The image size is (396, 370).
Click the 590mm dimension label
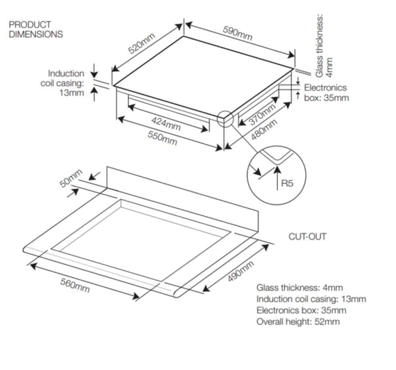click(x=237, y=33)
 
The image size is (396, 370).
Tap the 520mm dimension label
click(x=141, y=44)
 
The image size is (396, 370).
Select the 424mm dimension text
click(x=166, y=123)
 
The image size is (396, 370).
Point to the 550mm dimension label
click(x=162, y=138)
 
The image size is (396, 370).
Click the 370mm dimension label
click(x=262, y=114)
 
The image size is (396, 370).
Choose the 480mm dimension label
click(x=264, y=129)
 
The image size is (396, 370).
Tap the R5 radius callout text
click(x=287, y=183)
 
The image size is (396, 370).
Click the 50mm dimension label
click(x=71, y=178)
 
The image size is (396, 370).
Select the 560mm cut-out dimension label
click(x=75, y=285)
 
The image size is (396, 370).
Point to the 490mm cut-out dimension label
click(x=241, y=271)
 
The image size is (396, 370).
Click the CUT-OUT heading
click(x=307, y=236)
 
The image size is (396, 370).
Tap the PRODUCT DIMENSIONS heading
click(x=36, y=29)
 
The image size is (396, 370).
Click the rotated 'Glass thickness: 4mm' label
click(x=324, y=46)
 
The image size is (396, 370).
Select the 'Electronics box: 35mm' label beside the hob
click(x=326, y=92)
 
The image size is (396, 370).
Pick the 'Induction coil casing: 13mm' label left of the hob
click(x=63, y=83)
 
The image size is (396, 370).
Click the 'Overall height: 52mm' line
click(x=298, y=322)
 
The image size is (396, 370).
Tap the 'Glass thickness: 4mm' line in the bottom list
click(x=299, y=288)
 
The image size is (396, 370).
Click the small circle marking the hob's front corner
click(x=225, y=118)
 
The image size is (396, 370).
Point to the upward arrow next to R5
click(x=277, y=177)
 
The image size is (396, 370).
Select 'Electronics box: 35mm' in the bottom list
click(x=301, y=310)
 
